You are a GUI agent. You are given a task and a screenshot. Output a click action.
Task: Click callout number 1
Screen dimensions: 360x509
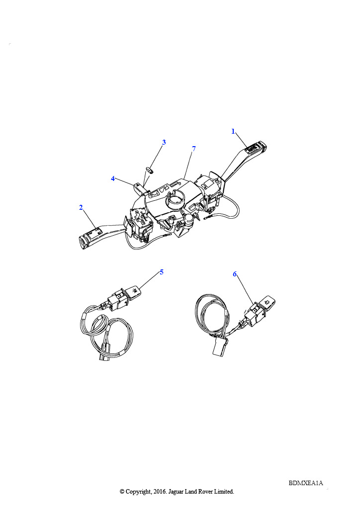233,131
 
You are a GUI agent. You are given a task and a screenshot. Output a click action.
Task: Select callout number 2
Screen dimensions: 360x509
81,207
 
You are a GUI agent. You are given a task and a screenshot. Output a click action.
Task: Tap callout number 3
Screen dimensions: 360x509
164,142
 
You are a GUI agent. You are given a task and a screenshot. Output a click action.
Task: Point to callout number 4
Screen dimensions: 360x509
113,178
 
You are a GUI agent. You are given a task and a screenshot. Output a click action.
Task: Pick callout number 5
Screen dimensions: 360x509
162,272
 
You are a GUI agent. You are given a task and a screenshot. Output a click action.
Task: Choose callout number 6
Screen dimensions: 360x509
235,274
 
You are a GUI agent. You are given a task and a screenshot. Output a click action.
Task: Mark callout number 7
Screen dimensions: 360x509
194,149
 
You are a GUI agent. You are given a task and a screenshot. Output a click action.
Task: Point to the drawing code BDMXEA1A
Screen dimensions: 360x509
306,483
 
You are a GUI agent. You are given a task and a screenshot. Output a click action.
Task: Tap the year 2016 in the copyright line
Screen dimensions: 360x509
159,492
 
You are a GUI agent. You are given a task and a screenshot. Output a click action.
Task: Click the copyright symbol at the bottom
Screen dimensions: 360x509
122,492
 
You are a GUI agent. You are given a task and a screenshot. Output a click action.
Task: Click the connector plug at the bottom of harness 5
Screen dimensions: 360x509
104,352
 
